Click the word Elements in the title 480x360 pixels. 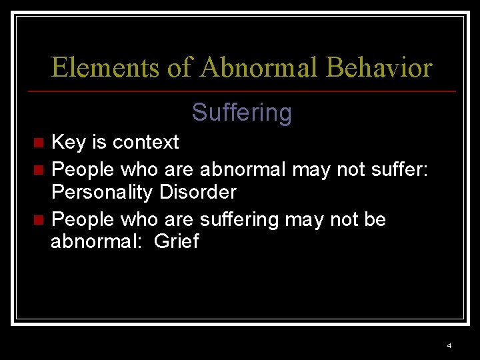(105, 68)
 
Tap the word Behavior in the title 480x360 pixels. (379, 68)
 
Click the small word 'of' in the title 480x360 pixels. (179, 68)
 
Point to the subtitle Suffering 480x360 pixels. (241, 113)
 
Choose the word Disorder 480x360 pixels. (198, 193)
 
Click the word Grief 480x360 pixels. (176, 241)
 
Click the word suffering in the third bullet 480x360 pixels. (244, 219)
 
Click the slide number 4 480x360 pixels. (449, 345)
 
